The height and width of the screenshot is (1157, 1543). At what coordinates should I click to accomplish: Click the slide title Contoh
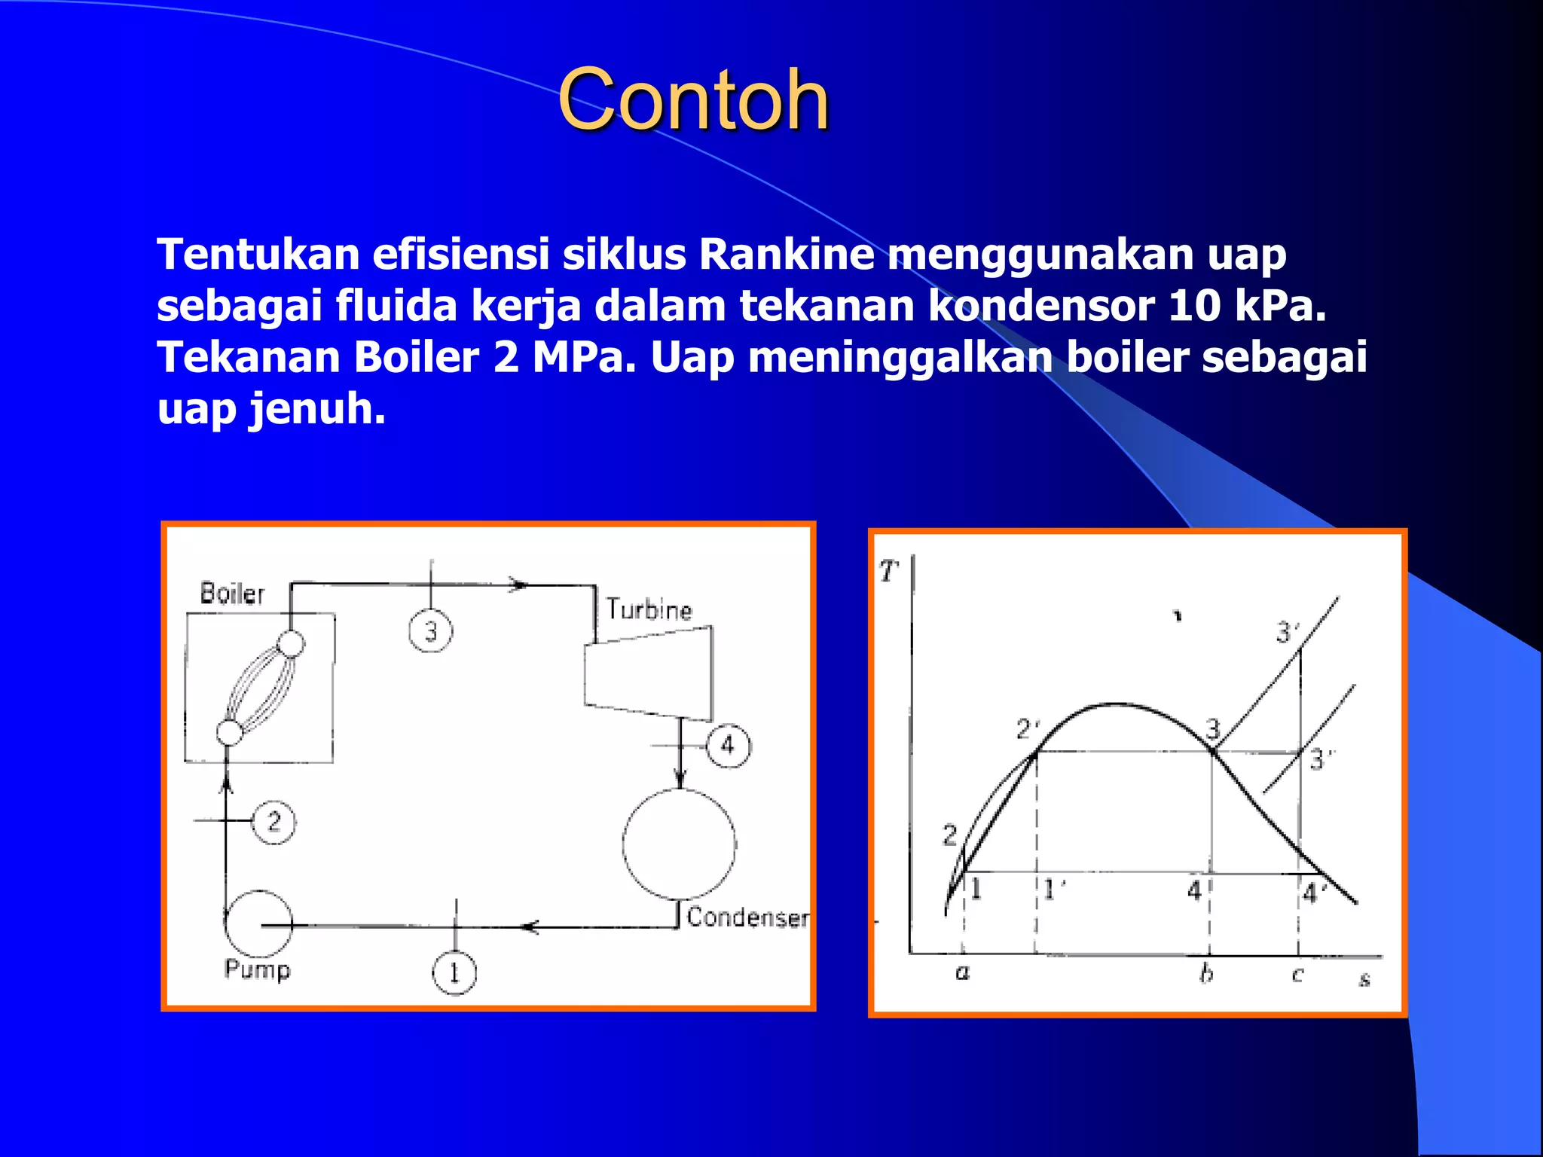point(693,100)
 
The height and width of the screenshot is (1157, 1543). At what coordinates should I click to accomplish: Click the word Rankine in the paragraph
point(787,255)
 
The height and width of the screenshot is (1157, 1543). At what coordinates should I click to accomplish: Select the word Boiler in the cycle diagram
point(232,594)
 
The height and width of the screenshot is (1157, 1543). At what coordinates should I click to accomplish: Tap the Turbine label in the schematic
point(649,609)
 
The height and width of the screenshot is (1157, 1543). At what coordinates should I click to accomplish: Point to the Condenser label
point(747,917)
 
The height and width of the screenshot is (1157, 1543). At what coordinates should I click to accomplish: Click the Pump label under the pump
point(257,969)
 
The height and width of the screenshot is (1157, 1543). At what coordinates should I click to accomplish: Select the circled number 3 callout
point(431,631)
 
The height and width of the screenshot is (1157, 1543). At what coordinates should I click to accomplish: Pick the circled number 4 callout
point(728,746)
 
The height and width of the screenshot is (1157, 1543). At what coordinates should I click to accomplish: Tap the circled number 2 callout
point(273,822)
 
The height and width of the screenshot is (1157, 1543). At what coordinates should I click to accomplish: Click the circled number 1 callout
point(454,973)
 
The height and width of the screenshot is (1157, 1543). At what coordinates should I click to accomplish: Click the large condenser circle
point(680,844)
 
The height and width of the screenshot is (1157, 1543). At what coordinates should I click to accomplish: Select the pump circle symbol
point(258,923)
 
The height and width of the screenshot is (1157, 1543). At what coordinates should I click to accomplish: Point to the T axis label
point(889,572)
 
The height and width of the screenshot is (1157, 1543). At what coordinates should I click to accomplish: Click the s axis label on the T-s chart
point(1364,980)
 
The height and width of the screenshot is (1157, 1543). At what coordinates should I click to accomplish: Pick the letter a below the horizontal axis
point(962,973)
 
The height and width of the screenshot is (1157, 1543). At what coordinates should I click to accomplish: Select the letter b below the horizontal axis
point(1206,973)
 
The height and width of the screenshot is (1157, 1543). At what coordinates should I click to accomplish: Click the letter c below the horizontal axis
point(1297,975)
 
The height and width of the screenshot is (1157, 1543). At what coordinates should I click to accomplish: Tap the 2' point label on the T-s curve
point(1028,729)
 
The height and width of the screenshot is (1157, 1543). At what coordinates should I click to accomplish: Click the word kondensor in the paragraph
point(1040,306)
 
